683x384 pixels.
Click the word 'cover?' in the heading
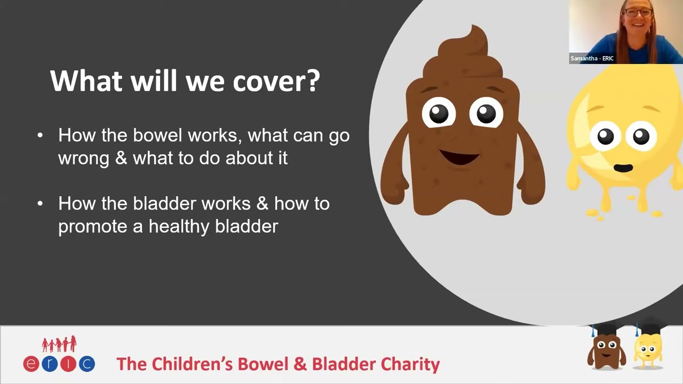(x=276, y=81)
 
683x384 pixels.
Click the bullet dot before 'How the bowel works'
(x=40, y=135)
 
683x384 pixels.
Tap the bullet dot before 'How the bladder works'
(x=40, y=204)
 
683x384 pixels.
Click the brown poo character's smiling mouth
(x=459, y=157)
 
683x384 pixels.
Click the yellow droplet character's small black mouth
(x=623, y=167)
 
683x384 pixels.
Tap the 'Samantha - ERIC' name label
(x=592, y=59)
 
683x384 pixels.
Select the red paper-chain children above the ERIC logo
(x=59, y=344)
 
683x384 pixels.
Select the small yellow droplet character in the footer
(x=648, y=349)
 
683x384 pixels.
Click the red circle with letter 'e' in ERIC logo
(x=31, y=364)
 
